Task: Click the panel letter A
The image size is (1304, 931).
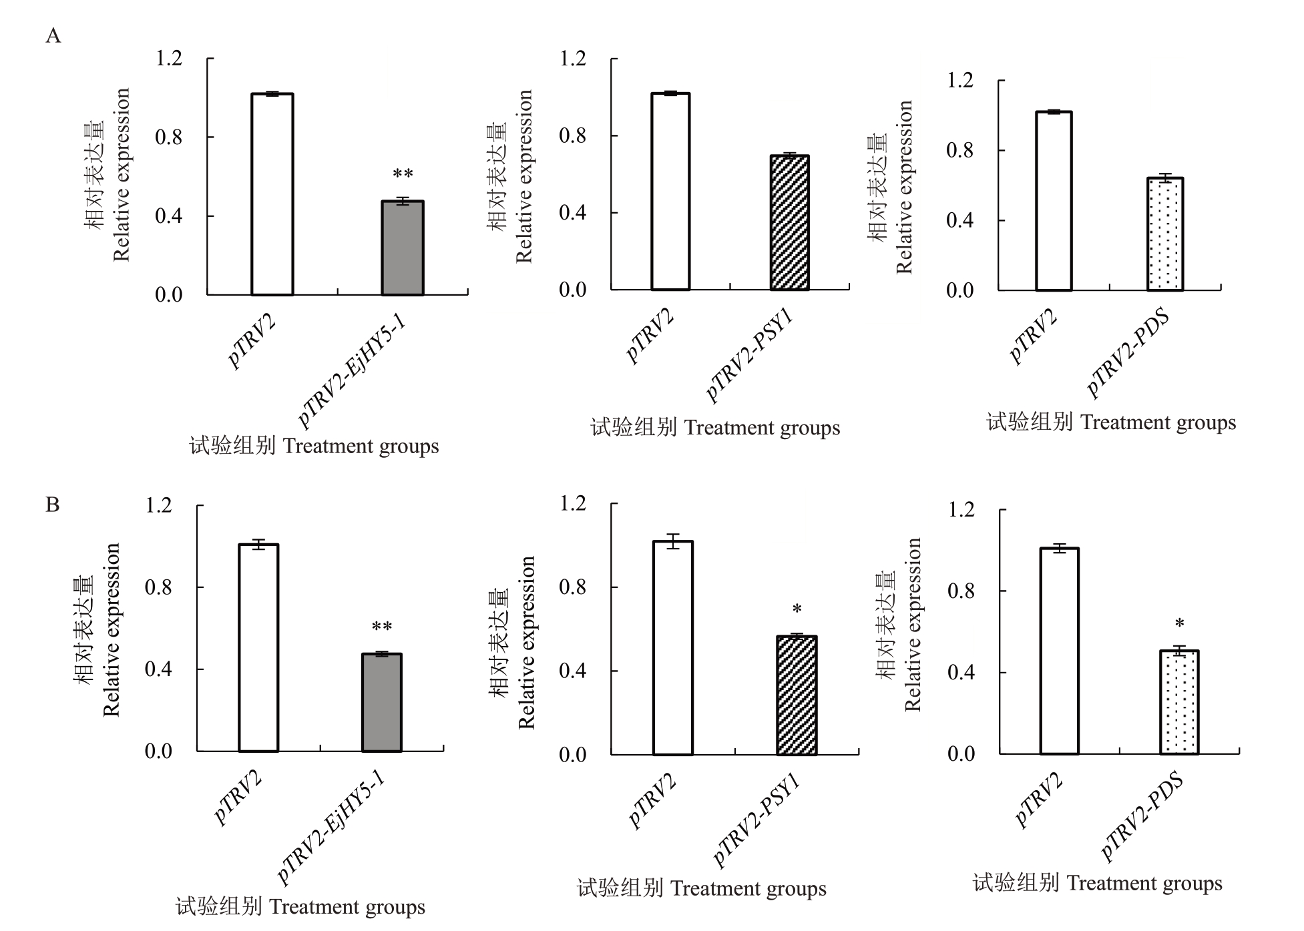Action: tap(53, 35)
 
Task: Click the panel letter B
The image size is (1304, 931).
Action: tap(53, 505)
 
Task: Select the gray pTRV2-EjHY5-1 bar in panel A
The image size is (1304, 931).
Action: tap(403, 248)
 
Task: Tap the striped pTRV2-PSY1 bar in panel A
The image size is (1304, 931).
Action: tap(789, 223)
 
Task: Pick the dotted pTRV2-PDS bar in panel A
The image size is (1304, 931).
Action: tap(1165, 234)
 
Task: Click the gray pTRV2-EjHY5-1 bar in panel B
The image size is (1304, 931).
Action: tap(382, 703)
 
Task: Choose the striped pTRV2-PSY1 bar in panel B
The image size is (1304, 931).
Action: tap(797, 695)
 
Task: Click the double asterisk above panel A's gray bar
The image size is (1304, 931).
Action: tap(403, 175)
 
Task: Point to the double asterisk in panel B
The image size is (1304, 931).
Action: tap(382, 627)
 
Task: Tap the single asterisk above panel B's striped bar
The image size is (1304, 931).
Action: tap(797, 609)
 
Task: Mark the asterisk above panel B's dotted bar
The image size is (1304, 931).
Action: tap(1180, 624)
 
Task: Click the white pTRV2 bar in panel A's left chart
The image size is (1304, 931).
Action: tap(272, 194)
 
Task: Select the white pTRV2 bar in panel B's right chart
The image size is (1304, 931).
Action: tap(1059, 651)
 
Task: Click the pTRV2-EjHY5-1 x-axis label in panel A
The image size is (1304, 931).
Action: tap(353, 370)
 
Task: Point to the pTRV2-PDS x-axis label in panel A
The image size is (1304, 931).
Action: tap(1128, 354)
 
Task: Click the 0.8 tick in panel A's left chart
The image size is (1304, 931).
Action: tap(168, 137)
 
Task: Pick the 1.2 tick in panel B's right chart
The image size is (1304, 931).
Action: tap(961, 511)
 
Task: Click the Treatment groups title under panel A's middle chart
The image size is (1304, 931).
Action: tap(715, 428)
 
